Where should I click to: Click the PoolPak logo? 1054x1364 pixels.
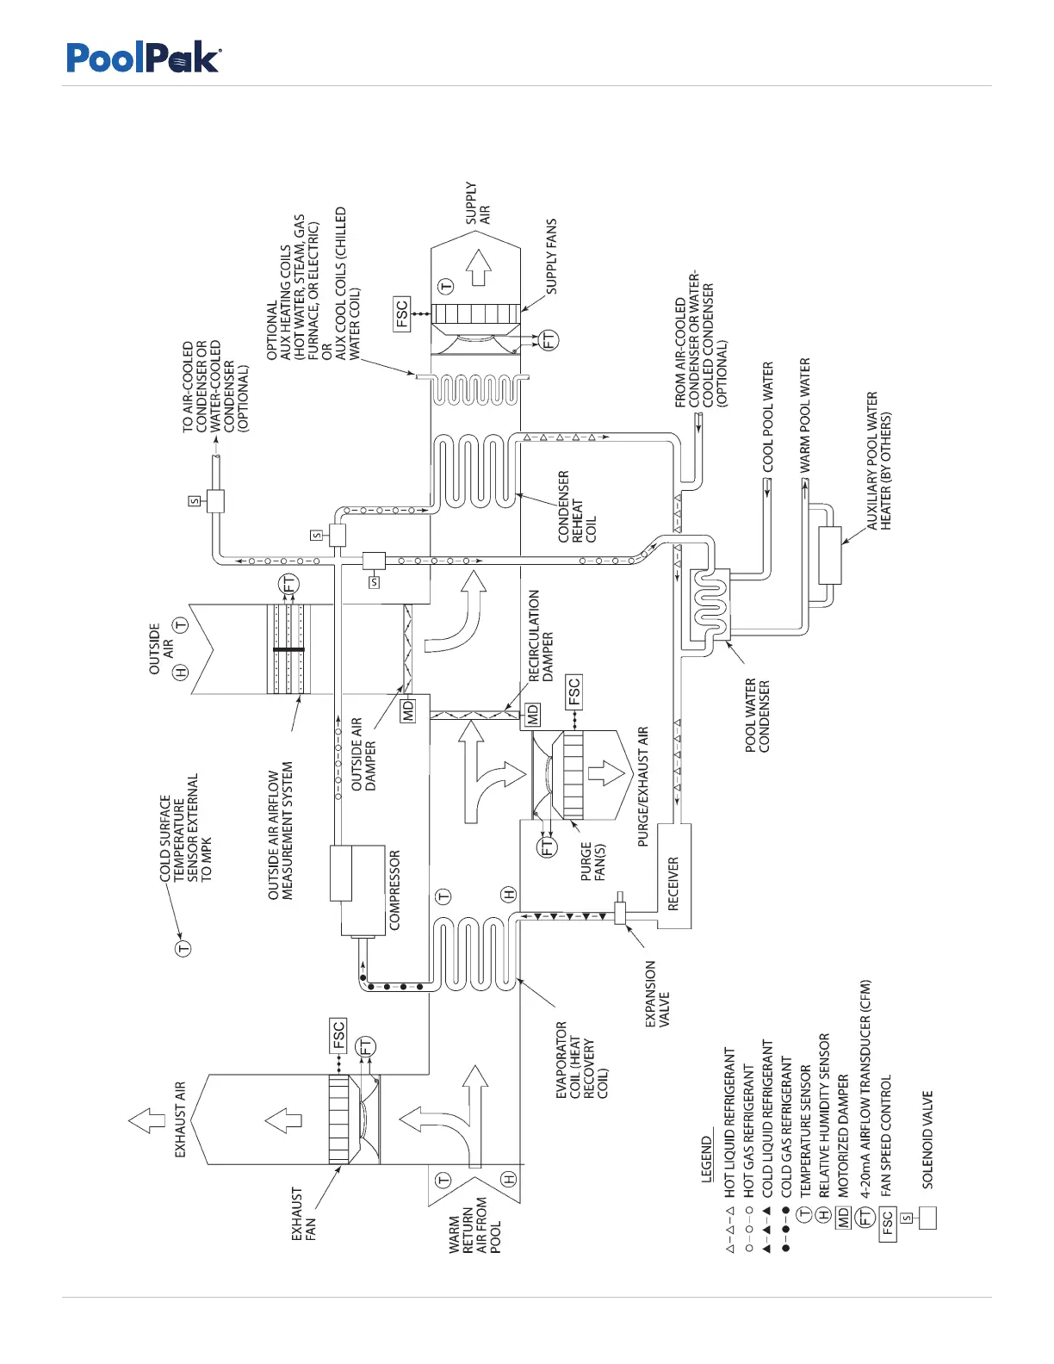pyautogui.click(x=144, y=59)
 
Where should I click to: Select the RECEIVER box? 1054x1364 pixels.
pyautogui.click(x=673, y=876)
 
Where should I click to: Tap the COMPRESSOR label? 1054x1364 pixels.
pyautogui.click(x=395, y=890)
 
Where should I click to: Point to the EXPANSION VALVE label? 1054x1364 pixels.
pyautogui.click(x=657, y=995)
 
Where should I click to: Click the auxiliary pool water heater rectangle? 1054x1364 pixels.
pyautogui.click(x=830, y=555)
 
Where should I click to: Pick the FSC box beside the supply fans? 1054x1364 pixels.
pyautogui.click(x=402, y=314)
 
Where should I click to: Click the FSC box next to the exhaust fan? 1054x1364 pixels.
pyautogui.click(x=338, y=1035)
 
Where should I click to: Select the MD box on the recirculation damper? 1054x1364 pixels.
pyautogui.click(x=533, y=714)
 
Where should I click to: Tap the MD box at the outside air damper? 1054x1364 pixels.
pyautogui.click(x=408, y=710)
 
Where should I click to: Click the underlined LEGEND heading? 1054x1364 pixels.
pyautogui.click(x=707, y=1159)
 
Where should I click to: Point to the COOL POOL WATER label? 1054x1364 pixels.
pyautogui.click(x=768, y=417)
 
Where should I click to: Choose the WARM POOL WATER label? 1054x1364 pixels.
pyautogui.click(x=805, y=415)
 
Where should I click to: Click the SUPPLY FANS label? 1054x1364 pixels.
pyautogui.click(x=551, y=257)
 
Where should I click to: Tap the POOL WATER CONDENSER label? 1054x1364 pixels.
pyautogui.click(x=758, y=716)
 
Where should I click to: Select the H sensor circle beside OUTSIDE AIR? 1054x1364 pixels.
pyautogui.click(x=181, y=673)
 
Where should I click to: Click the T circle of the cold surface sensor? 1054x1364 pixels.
pyautogui.click(x=183, y=948)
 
